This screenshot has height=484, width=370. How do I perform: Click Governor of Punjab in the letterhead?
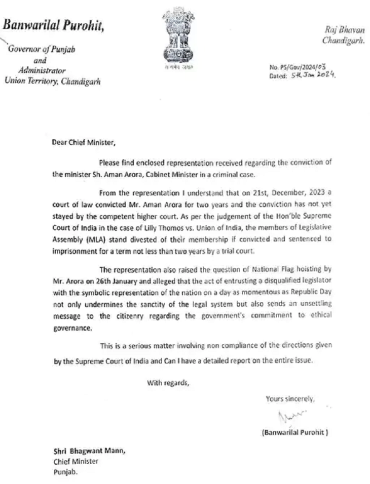click(x=40, y=50)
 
